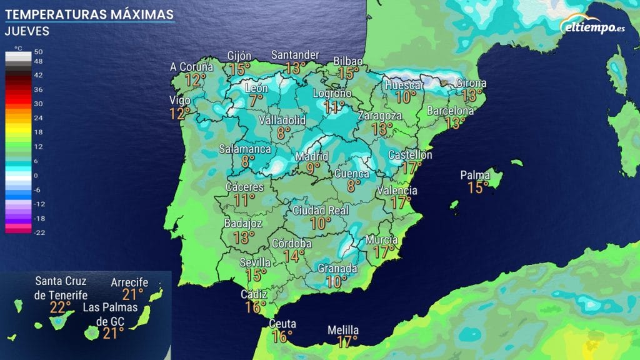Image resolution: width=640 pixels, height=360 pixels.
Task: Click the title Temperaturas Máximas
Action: [x=89, y=13]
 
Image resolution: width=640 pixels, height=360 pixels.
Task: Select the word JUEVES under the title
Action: [x=26, y=31]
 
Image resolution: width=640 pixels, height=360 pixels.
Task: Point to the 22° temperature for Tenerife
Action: [x=61, y=307]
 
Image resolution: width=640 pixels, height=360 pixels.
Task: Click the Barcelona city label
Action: [x=450, y=111]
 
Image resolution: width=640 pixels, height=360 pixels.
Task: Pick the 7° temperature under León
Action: [x=256, y=100]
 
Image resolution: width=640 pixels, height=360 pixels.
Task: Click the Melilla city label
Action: [x=343, y=330]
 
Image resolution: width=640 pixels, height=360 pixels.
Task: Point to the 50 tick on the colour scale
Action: [x=37, y=52]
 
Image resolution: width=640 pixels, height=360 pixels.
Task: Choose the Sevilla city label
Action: [x=255, y=262]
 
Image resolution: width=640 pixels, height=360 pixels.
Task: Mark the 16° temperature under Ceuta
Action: [x=282, y=336]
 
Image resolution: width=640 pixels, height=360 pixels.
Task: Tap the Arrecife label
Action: [x=129, y=282]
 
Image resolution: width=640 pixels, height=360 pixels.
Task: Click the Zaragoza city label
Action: [x=380, y=116]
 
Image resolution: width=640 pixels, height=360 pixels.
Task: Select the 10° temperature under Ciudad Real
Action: [x=320, y=223]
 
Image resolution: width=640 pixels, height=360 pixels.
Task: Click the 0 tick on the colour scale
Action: [x=36, y=176]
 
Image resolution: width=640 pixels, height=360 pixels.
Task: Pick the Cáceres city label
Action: [x=244, y=187]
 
